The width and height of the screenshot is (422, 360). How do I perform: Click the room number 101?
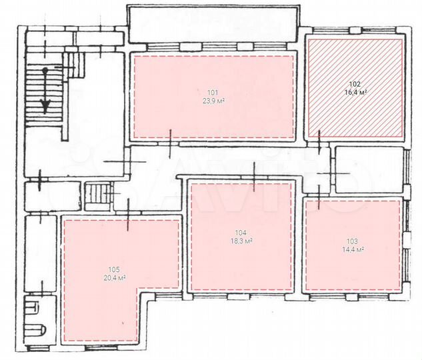click(x=213, y=92)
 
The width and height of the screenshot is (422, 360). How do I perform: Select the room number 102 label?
click(x=355, y=84)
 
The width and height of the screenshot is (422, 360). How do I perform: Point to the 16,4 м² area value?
click(x=355, y=93)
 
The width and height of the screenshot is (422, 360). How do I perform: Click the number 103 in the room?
click(x=353, y=241)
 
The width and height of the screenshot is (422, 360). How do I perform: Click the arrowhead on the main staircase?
click(x=45, y=106)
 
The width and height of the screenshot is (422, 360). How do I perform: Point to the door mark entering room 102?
click(x=321, y=141)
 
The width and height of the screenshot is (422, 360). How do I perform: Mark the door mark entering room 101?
click(x=171, y=141)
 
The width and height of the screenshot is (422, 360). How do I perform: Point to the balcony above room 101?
click(x=213, y=25)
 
